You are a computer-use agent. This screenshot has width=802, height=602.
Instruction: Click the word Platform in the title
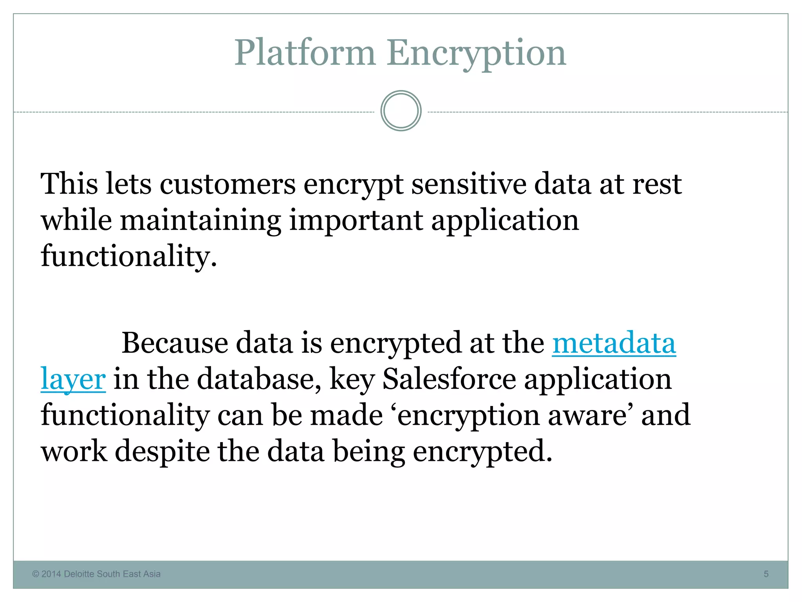click(305, 53)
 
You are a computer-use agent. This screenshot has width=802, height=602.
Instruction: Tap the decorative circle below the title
click(401, 111)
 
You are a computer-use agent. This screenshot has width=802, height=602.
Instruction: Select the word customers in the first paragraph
click(228, 184)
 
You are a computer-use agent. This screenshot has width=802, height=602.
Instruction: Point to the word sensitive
click(468, 184)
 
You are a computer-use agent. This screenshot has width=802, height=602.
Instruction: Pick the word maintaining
click(200, 220)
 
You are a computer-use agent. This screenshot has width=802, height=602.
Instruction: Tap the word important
click(356, 220)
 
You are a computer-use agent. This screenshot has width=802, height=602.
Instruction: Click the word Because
click(175, 343)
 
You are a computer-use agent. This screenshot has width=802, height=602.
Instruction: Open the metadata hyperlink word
click(614, 343)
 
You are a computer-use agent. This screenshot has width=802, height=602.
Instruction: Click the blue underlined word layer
click(73, 379)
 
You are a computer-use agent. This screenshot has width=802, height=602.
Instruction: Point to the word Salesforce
click(449, 379)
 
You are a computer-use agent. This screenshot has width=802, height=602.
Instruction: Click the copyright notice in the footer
click(96, 574)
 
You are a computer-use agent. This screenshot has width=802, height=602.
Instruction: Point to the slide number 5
click(766, 574)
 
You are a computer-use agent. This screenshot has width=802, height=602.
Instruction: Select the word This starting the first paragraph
click(69, 184)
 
